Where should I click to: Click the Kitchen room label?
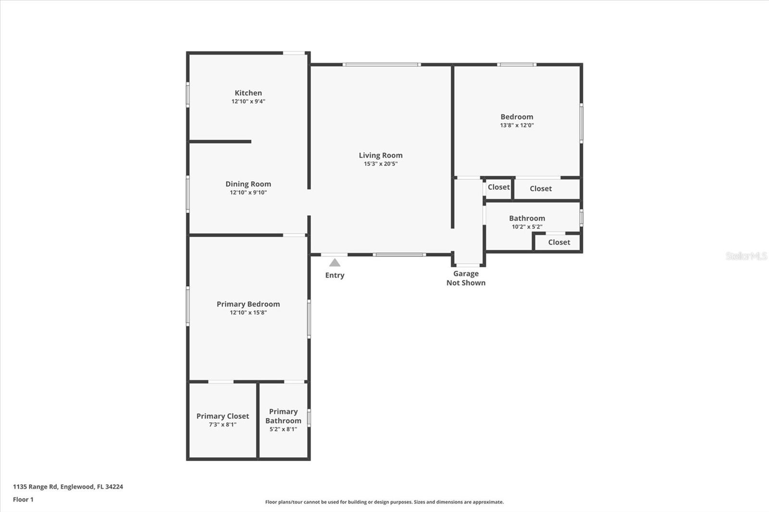pyautogui.click(x=248, y=93)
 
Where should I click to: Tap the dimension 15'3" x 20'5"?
pyautogui.click(x=380, y=164)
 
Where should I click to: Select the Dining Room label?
pyautogui.click(x=248, y=184)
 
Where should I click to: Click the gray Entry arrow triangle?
pyautogui.click(x=335, y=263)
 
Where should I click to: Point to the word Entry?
pyautogui.click(x=335, y=275)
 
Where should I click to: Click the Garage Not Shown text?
pyautogui.click(x=466, y=278)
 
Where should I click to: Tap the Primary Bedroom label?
pyautogui.click(x=248, y=304)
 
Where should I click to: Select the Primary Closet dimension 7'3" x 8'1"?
pyautogui.click(x=223, y=425)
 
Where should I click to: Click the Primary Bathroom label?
pyautogui.click(x=283, y=416)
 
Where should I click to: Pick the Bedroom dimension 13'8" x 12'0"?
pyautogui.click(x=517, y=125)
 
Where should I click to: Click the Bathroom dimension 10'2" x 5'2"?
pyautogui.click(x=527, y=227)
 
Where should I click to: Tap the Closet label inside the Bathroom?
pyautogui.click(x=559, y=243)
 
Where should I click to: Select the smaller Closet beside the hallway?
pyautogui.click(x=498, y=187)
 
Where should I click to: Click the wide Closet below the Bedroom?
pyautogui.click(x=541, y=189)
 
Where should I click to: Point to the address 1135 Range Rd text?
pyautogui.click(x=68, y=487)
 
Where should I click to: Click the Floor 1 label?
pyautogui.click(x=23, y=500)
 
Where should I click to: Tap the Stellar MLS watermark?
pyautogui.click(x=746, y=256)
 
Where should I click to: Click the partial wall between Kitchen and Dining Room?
pyautogui.click(x=220, y=142)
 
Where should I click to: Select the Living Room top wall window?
pyautogui.click(x=382, y=64)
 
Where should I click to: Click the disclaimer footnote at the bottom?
pyautogui.click(x=384, y=502)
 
